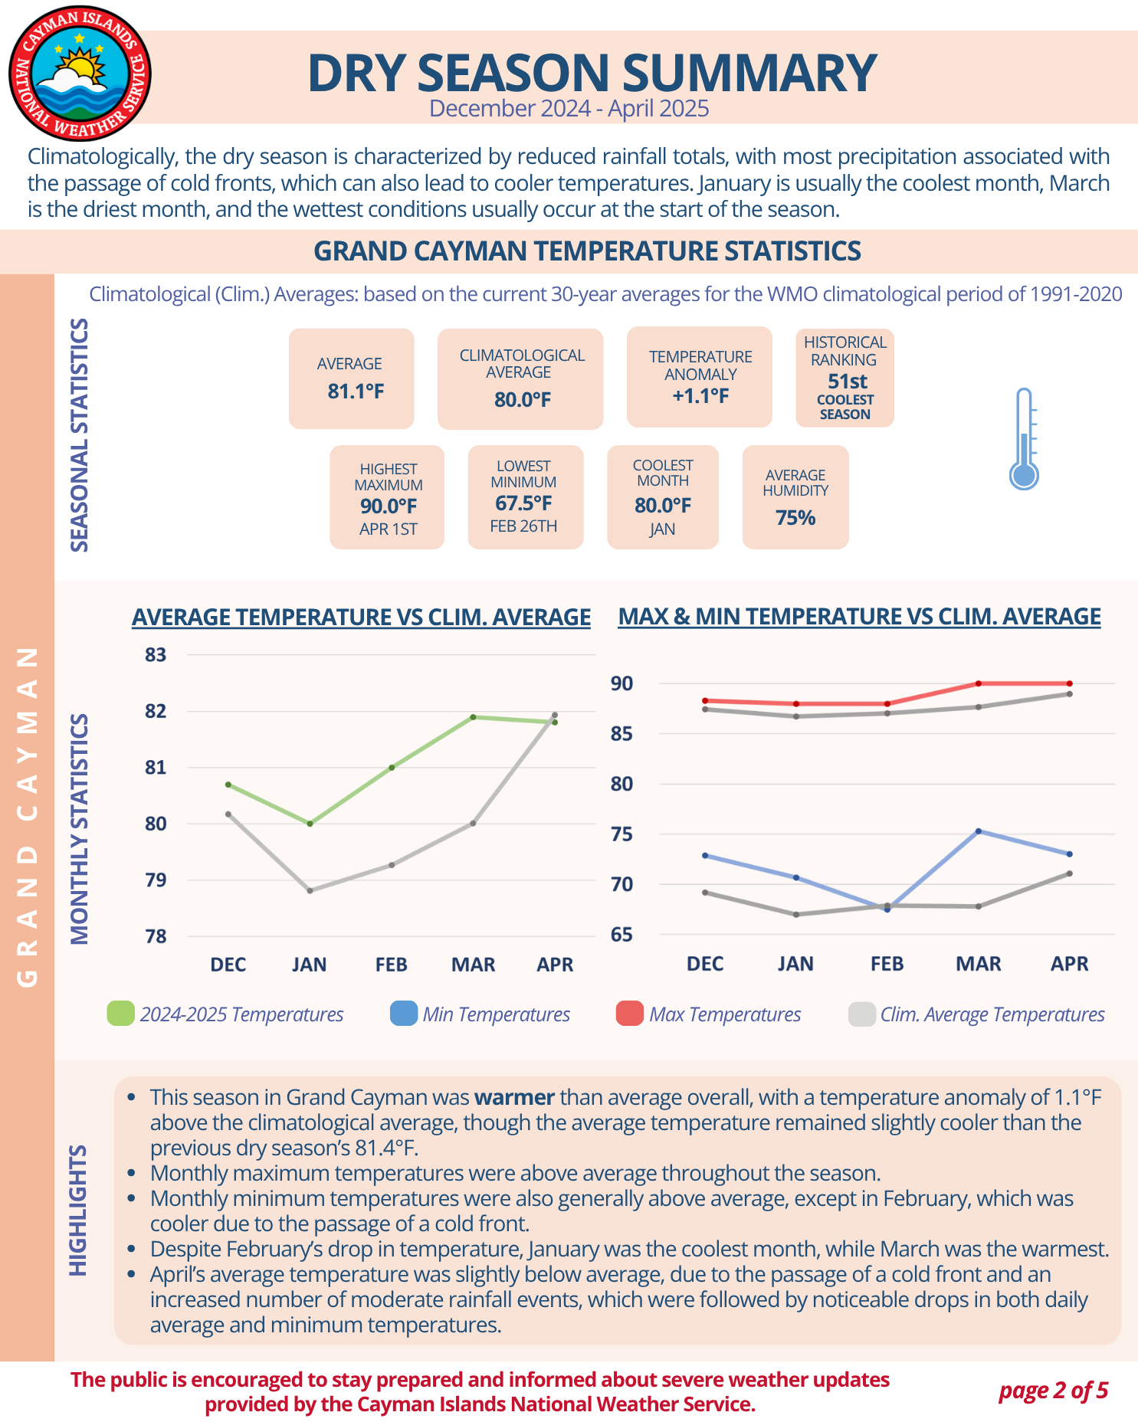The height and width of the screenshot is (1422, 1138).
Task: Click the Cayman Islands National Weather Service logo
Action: pyautogui.click(x=80, y=74)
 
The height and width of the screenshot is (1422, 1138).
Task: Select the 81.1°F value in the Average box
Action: pyautogui.click(x=356, y=392)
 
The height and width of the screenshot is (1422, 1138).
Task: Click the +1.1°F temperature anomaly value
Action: pyautogui.click(x=700, y=396)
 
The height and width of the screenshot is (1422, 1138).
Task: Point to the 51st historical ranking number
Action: pyautogui.click(x=847, y=381)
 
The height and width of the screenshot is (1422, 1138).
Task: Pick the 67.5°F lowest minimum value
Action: pyautogui.click(x=523, y=503)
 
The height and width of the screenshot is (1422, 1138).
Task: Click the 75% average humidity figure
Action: pyautogui.click(x=795, y=518)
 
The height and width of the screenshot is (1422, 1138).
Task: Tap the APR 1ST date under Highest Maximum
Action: pyautogui.click(x=388, y=529)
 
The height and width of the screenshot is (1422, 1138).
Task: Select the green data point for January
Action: pyautogui.click(x=310, y=824)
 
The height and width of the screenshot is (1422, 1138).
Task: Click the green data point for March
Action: pyautogui.click(x=473, y=717)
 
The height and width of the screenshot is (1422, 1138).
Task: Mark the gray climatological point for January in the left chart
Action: pyautogui.click(x=310, y=890)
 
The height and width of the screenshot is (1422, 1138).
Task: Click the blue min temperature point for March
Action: pyautogui.click(x=979, y=831)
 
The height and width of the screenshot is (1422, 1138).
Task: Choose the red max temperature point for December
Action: pyautogui.click(x=705, y=700)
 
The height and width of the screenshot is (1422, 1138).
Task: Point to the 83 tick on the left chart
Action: pyautogui.click(x=156, y=655)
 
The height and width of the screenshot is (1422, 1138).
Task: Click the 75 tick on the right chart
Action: pyautogui.click(x=621, y=834)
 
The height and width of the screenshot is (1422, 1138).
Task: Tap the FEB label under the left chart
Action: pyautogui.click(x=391, y=965)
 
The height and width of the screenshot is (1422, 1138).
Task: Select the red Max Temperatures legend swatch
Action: pyautogui.click(x=629, y=1014)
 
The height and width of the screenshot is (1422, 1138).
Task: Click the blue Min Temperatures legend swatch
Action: pyautogui.click(x=403, y=1014)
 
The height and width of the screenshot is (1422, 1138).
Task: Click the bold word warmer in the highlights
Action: pyautogui.click(x=514, y=1097)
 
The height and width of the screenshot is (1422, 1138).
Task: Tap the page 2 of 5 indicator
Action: pyautogui.click(x=1053, y=1391)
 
